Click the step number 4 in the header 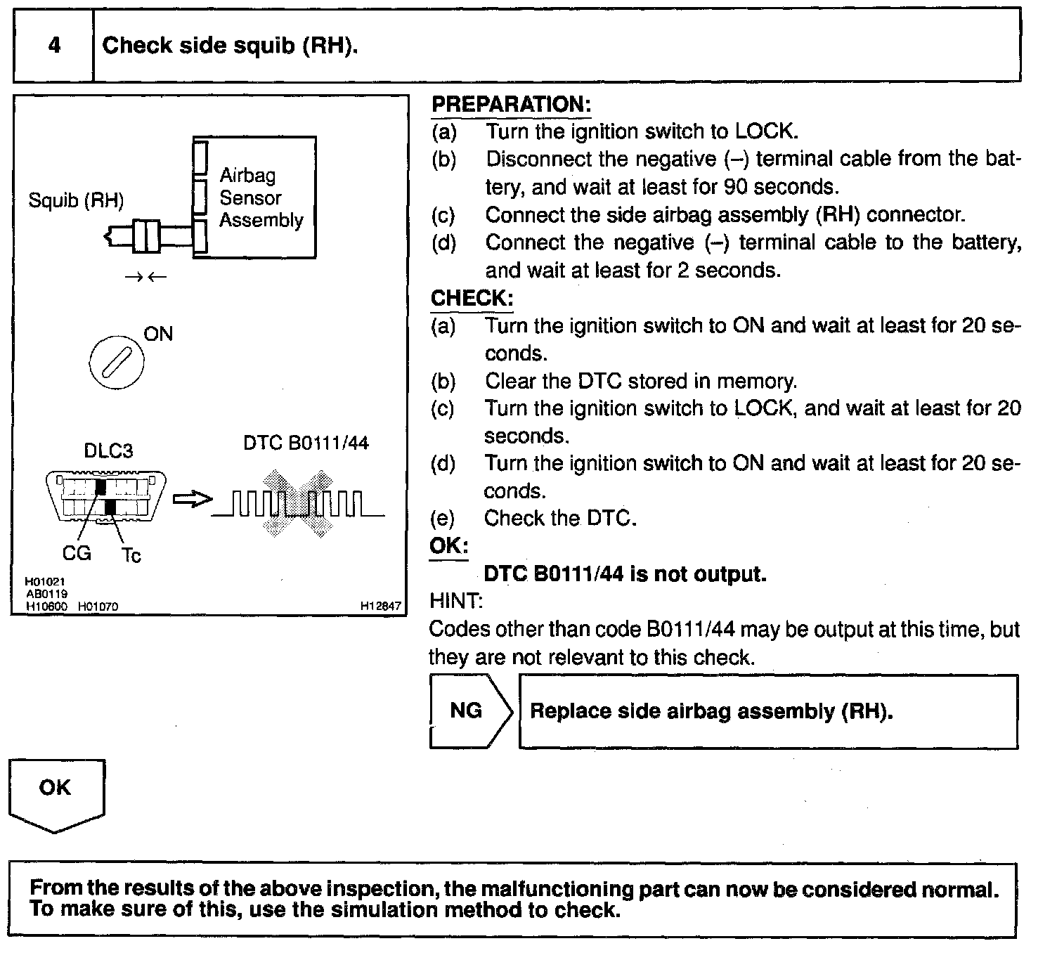54,45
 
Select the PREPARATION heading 511,104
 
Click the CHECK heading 472,298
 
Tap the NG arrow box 471,711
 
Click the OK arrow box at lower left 56,795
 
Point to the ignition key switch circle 117,363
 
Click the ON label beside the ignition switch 158,334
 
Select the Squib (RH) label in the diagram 76,200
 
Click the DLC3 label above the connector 108,450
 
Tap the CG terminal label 77,553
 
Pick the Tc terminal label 131,554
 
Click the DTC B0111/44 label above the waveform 306,443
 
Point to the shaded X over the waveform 298,503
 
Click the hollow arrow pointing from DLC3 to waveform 193,499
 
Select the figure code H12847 380,607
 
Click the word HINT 456,601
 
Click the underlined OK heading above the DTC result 449,546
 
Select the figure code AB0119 47,594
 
